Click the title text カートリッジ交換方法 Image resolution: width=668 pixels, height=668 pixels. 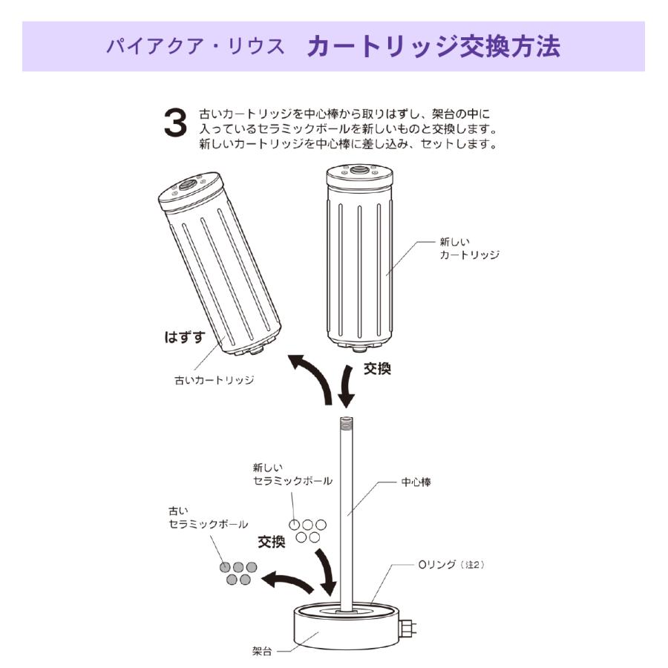pos(433,46)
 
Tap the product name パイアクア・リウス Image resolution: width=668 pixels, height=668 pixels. pos(195,47)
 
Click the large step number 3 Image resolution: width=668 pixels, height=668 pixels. pos(175,124)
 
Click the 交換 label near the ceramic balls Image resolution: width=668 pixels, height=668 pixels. pos(271,542)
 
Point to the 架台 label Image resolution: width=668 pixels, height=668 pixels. pos(262,653)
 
